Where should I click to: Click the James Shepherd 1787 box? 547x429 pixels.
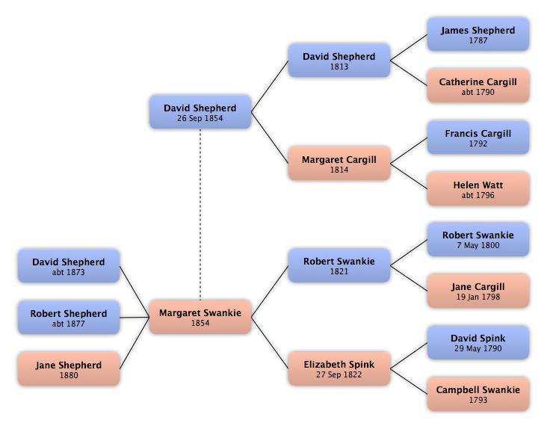478,34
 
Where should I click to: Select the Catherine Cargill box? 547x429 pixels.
478,86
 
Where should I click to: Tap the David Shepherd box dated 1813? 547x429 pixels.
339,61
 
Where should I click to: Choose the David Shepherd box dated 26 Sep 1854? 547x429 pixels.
200,112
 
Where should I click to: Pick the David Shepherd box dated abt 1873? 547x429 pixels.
69,266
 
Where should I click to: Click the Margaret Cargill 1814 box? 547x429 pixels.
339,164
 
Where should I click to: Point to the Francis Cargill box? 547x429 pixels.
478,138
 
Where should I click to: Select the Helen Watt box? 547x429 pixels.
478,188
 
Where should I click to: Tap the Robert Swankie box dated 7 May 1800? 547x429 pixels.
478,239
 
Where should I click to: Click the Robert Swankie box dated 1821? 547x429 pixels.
339,265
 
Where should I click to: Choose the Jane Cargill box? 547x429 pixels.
478,291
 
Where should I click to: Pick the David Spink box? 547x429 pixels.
478,342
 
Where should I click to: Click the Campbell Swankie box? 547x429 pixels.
478,394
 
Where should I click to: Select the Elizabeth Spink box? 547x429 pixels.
339,368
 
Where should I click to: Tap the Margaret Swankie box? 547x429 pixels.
200,317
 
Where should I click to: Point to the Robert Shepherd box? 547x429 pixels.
69,318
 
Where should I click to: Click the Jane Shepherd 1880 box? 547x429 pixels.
69,368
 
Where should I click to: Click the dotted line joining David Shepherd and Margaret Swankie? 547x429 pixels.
200,214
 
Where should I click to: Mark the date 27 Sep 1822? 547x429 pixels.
339,374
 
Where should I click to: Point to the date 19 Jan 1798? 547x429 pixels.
478,297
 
